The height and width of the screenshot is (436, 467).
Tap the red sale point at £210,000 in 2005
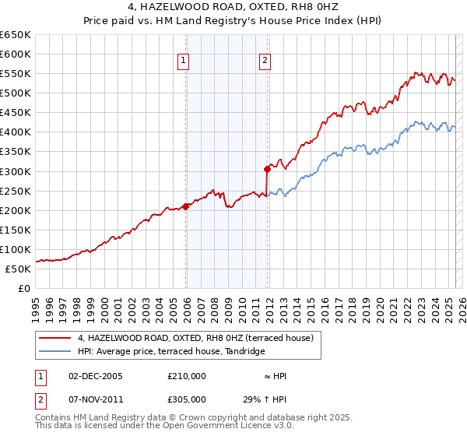pyautogui.click(x=186, y=206)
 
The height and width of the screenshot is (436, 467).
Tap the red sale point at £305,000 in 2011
pyautogui.click(x=267, y=169)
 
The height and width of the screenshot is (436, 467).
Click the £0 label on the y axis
pyautogui.click(x=25, y=289)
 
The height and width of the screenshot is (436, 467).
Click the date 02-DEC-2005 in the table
pyautogui.click(x=96, y=377)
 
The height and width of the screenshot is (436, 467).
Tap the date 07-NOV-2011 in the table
pyautogui.click(x=96, y=399)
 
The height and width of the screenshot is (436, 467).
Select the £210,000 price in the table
pyautogui.click(x=186, y=377)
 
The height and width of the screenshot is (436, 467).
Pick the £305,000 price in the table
pyautogui.click(x=186, y=399)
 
